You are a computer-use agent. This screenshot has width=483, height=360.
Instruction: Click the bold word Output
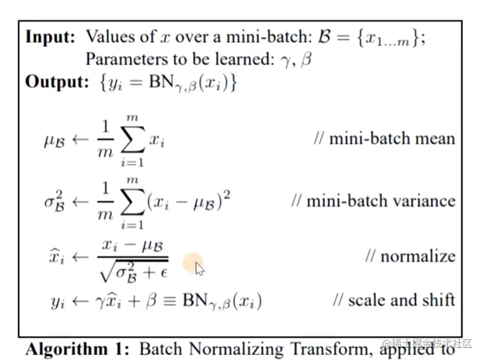click(x=54, y=82)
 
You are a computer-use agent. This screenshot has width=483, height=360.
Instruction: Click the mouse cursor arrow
click(x=199, y=269)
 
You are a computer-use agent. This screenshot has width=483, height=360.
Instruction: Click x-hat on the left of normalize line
click(x=58, y=257)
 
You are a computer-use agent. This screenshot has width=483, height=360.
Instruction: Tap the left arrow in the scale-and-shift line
click(x=81, y=301)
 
